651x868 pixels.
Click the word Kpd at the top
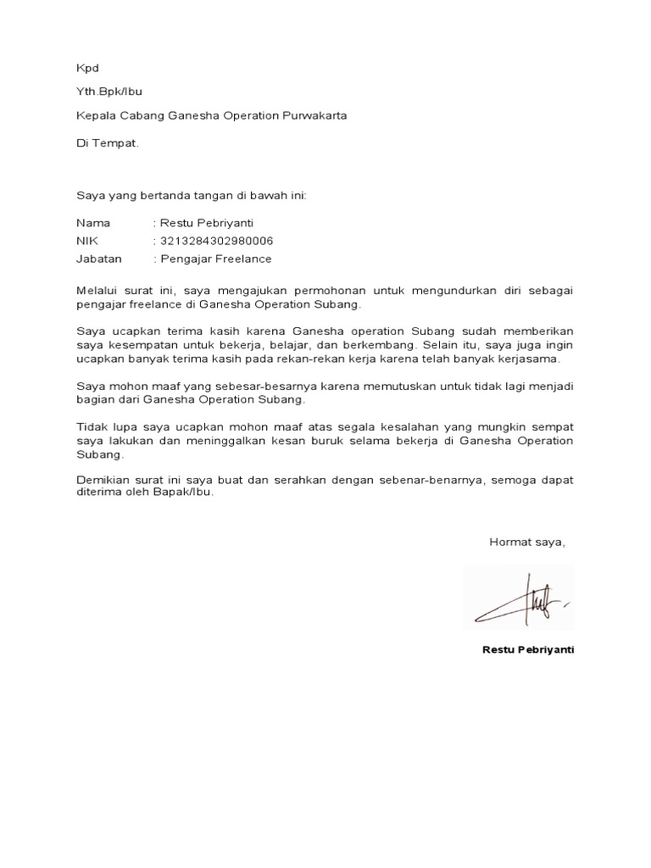tap(87, 68)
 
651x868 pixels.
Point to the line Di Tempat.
tap(107, 143)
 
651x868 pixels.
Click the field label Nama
tap(93, 223)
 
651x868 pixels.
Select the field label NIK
tap(87, 241)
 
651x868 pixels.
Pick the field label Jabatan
tap(99, 259)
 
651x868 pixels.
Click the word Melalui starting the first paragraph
tap(98, 290)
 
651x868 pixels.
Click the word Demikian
tap(102, 480)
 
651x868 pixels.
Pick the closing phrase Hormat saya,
tap(526, 542)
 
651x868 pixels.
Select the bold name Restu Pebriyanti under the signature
tap(527, 649)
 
